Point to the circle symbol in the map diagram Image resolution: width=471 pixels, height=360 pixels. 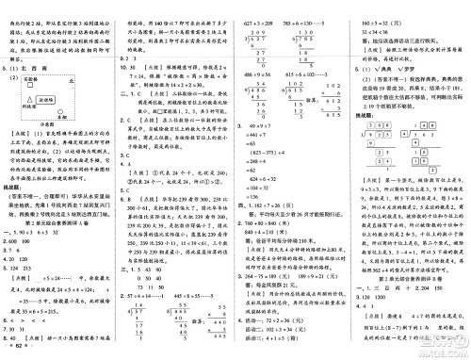click(x=62, y=111)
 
